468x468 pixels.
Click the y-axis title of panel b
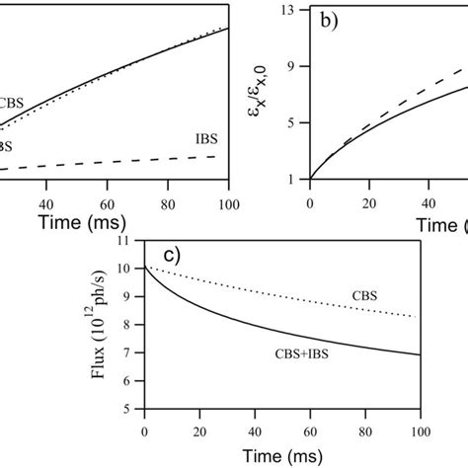272,94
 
